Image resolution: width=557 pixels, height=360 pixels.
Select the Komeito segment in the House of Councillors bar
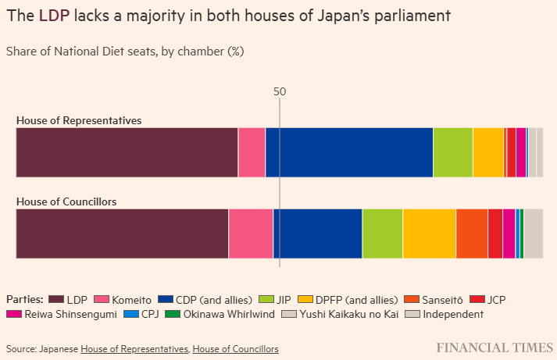tap(251, 233)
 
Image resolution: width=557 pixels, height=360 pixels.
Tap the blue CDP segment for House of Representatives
tap(349, 152)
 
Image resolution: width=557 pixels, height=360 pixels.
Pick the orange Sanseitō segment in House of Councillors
tap(472, 233)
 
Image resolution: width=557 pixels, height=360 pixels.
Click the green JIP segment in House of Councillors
tap(382, 233)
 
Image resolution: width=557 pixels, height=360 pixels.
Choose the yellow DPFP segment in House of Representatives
tap(487, 152)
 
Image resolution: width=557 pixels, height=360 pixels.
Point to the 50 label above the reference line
tap(280, 91)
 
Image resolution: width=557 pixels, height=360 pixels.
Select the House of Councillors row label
tap(66, 201)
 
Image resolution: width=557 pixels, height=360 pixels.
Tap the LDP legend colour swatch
tap(55, 299)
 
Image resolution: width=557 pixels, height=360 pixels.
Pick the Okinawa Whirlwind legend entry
tap(221, 314)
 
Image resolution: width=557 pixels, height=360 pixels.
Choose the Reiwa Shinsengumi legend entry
tap(60, 314)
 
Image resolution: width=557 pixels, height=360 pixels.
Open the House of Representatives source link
tap(134, 348)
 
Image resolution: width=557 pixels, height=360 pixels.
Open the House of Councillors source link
tap(235, 348)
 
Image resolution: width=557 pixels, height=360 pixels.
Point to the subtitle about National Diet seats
tap(125, 52)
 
